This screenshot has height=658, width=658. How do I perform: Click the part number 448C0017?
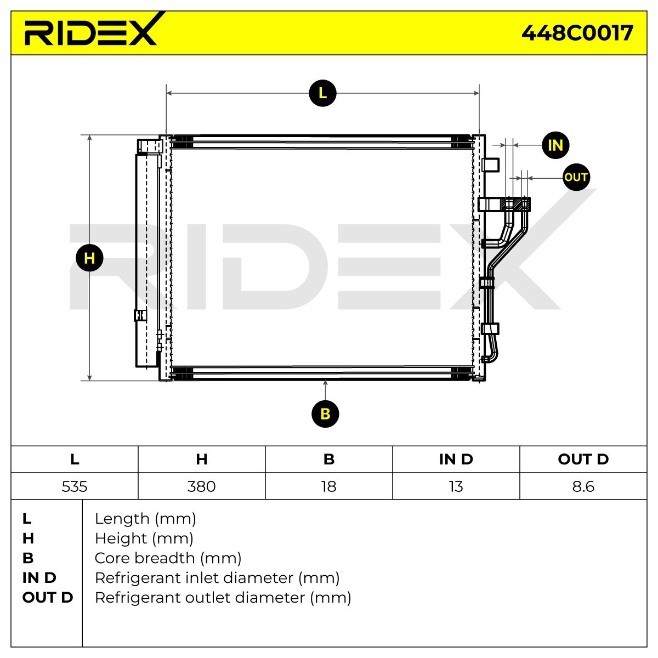[577, 33]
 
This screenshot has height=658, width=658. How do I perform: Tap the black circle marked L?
[322, 93]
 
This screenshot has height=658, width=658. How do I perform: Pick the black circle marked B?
[325, 413]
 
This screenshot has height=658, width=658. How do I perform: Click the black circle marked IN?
[555, 145]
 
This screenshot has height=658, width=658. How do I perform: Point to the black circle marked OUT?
[576, 177]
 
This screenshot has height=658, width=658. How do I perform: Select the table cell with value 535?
[75, 486]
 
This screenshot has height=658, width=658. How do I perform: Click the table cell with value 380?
[202, 486]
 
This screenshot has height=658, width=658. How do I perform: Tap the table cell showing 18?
[329, 486]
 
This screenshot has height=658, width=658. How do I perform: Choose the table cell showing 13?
[456, 486]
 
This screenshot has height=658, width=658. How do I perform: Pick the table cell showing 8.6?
[583, 486]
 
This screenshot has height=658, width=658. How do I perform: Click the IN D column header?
[456, 460]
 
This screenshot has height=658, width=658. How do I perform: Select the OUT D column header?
[583, 460]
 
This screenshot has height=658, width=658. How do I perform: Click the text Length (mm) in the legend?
[145, 519]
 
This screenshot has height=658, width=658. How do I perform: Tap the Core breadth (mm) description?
[168, 558]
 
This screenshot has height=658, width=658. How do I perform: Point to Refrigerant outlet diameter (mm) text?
[223, 598]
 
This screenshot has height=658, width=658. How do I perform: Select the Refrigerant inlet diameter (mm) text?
[217, 578]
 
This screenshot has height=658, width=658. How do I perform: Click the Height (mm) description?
[144, 538]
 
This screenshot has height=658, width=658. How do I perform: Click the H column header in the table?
[202, 460]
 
